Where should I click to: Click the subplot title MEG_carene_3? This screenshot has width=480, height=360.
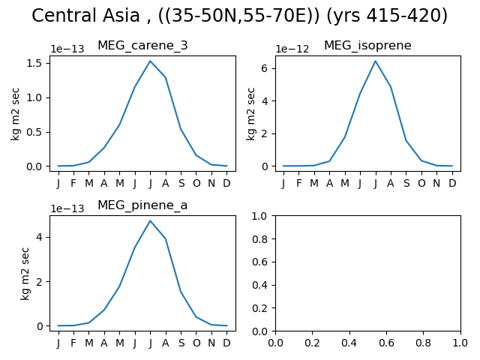point(142,46)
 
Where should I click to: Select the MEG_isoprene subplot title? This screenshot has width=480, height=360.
point(367,46)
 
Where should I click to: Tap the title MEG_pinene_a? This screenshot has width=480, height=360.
point(142,205)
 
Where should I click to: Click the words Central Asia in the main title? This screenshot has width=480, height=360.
point(85,15)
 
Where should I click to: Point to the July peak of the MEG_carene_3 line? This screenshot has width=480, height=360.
point(150,61)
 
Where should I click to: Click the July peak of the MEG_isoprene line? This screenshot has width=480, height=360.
point(375,61)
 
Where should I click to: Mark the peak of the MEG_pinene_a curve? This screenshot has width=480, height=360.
point(150,220)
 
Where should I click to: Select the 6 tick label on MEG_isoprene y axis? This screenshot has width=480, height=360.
point(265,68)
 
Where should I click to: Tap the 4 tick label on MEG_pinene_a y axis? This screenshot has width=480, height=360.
point(40,237)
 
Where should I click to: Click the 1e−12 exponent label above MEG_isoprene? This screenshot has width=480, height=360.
point(292,49)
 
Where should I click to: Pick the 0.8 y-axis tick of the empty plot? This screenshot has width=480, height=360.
point(260,239)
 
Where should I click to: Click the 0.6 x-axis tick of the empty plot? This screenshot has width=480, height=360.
point(387,343)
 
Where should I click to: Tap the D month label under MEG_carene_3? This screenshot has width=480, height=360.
point(226,183)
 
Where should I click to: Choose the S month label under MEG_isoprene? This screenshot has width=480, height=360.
point(406,183)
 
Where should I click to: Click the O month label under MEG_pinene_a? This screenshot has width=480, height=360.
point(196,343)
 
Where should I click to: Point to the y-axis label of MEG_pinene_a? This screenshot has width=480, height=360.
point(25,273)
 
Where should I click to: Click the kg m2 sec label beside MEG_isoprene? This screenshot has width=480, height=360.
point(250,113)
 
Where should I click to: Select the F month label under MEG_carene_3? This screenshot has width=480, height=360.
point(73,183)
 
